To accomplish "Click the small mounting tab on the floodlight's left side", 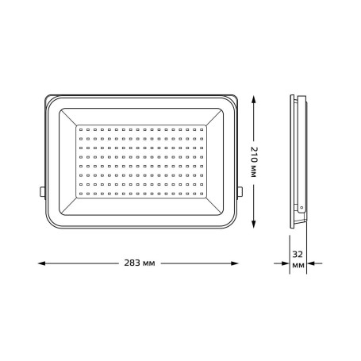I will tap(40, 190).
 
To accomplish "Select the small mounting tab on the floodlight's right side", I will tap(242, 190).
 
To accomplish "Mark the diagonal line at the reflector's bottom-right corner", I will tap(216, 206).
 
